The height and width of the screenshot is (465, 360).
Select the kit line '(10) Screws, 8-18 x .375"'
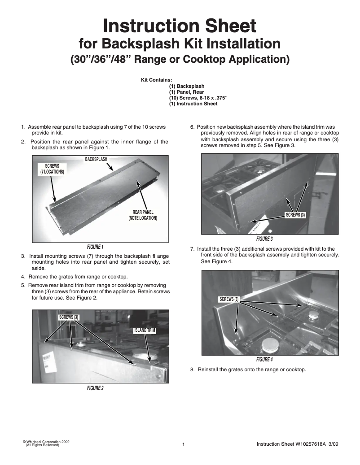[198, 98]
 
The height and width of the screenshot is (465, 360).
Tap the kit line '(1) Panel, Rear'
[186, 92]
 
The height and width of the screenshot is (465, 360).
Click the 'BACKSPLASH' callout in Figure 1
[99, 159]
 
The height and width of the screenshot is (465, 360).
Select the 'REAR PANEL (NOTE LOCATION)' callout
[143, 215]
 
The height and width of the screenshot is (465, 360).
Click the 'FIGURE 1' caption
[95, 247]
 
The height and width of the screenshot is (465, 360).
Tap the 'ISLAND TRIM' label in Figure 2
[144, 330]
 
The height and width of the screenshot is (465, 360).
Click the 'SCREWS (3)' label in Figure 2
[68, 317]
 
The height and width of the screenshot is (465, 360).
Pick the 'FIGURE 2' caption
[95, 388]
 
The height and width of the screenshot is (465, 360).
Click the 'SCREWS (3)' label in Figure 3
[295, 215]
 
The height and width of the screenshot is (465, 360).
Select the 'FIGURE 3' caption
[264, 239]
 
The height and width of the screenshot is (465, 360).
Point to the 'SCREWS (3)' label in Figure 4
[229, 299]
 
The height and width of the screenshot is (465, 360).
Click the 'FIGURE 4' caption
[264, 360]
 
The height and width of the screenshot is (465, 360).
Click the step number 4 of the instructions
[23, 276]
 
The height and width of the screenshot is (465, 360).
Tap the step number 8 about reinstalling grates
[193, 370]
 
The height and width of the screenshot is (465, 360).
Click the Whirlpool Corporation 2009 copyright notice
[46, 443]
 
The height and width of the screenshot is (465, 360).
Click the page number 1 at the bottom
[184, 445]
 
